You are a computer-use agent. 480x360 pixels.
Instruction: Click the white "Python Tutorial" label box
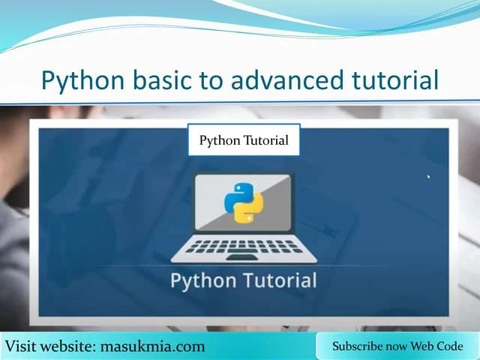click(244, 140)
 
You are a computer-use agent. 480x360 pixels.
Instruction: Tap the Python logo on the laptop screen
click(243, 202)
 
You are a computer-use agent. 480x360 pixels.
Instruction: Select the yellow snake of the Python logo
click(248, 209)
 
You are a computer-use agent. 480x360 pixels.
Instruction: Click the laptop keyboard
click(243, 246)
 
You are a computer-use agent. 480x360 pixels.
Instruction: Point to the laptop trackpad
click(243, 257)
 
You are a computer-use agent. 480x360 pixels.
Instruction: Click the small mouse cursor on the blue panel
click(429, 178)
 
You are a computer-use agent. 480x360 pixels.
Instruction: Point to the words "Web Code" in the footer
click(442, 346)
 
